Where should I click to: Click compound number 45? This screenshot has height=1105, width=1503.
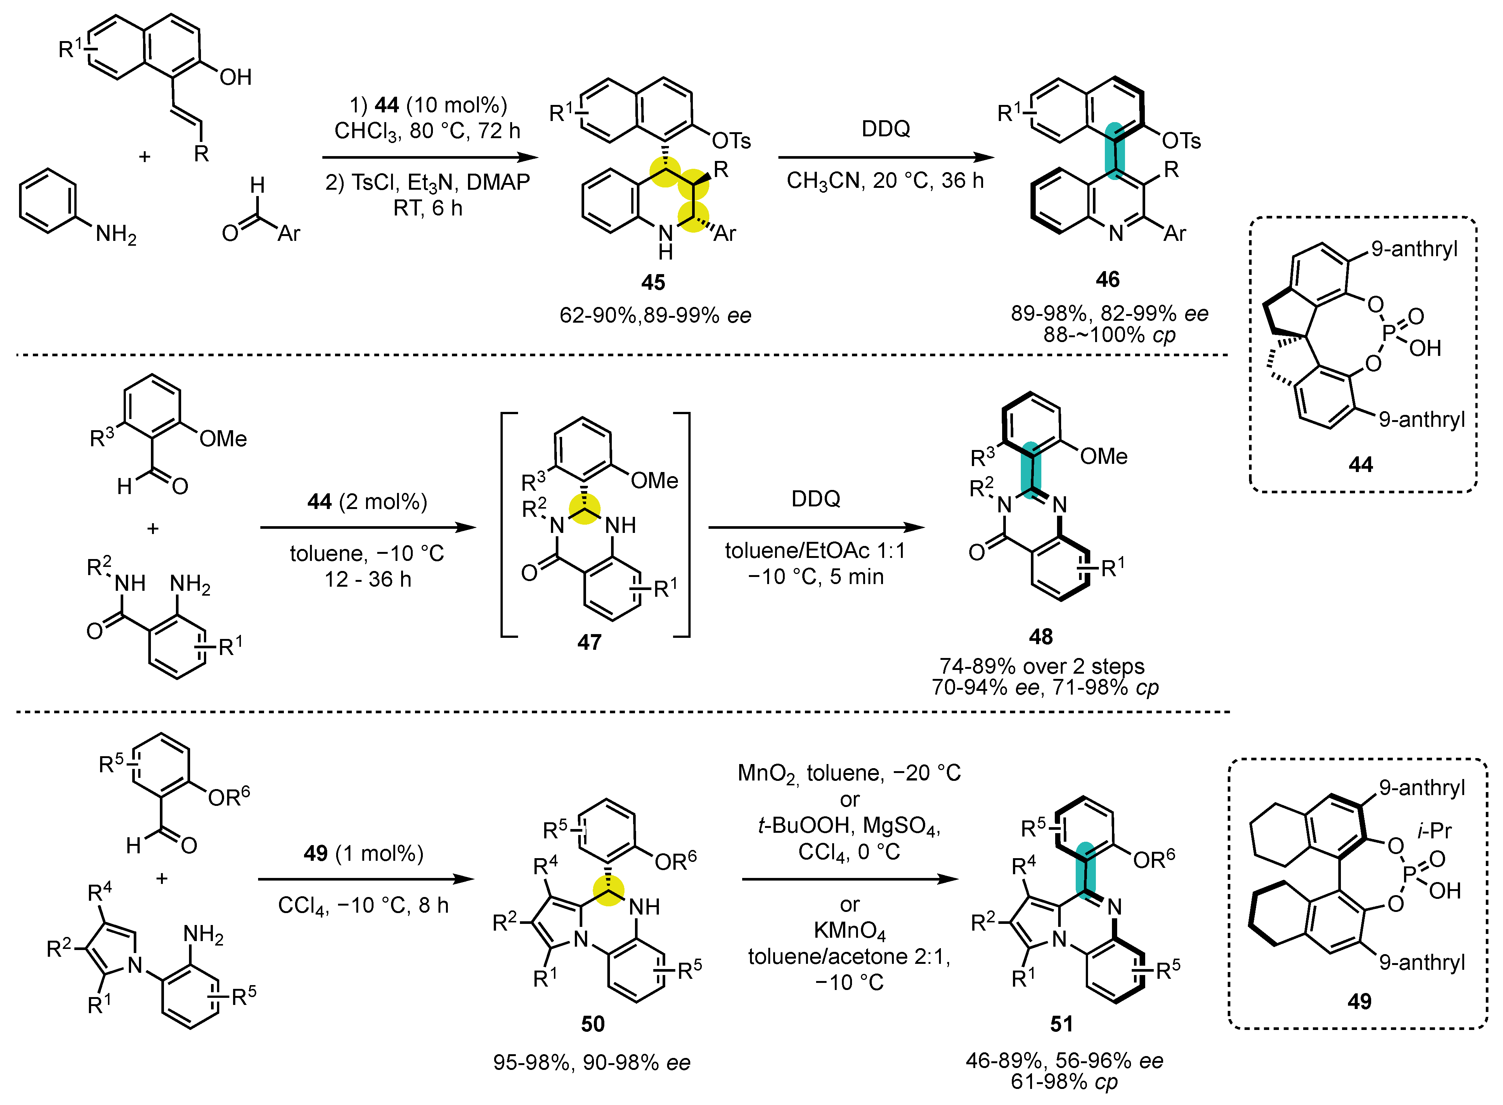pyautogui.click(x=653, y=282)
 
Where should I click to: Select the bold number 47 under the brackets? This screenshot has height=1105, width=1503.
pyautogui.click(x=589, y=642)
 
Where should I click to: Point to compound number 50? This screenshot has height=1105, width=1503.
pyautogui.click(x=593, y=1023)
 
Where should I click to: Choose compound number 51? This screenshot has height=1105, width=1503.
pyautogui.click(x=1062, y=1023)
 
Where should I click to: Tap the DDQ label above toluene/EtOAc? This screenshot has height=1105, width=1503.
pyautogui.click(x=815, y=498)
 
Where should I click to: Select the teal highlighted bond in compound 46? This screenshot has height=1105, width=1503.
pyautogui.click(x=1115, y=150)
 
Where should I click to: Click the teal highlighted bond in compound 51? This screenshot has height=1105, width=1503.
pyautogui.click(x=1084, y=870)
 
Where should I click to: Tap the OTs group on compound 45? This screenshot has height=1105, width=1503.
pyautogui.click(x=731, y=141)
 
